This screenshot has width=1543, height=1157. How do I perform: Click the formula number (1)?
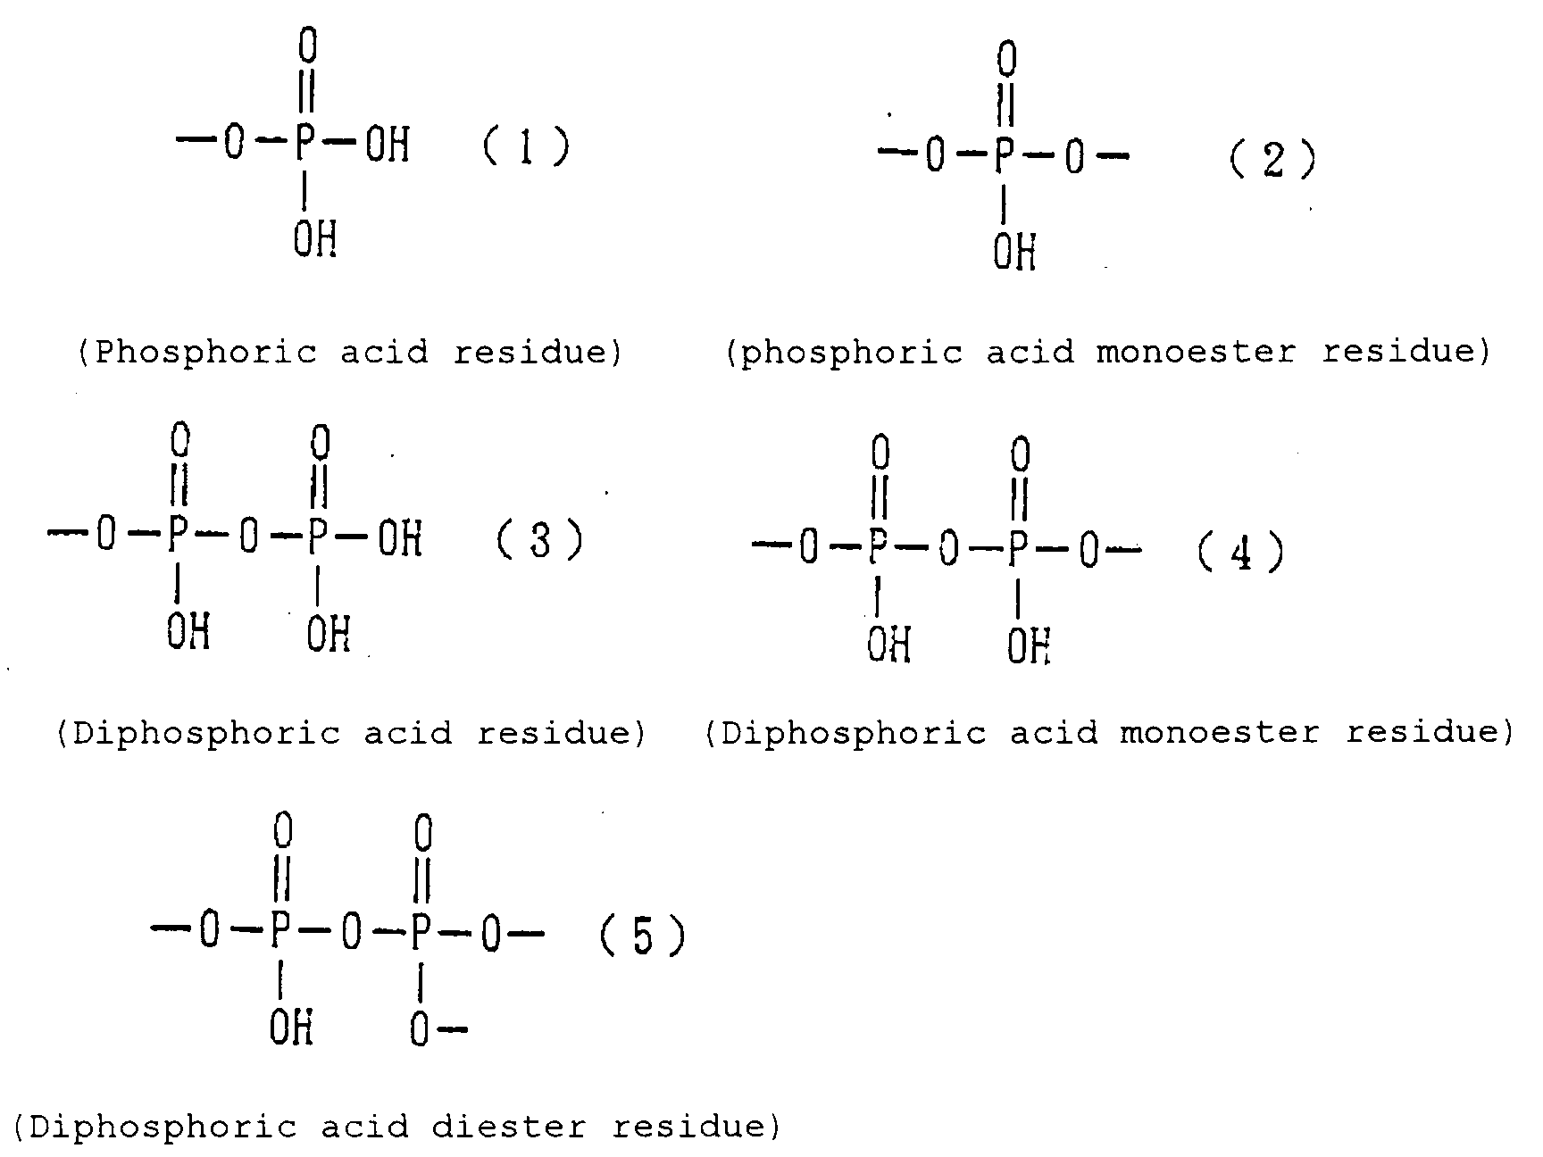pyautogui.click(x=526, y=146)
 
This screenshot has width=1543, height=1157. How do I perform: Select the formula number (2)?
pyautogui.click(x=1272, y=161)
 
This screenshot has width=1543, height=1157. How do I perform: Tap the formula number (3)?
pyautogui.click(x=539, y=540)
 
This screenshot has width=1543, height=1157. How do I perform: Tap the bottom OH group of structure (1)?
pyautogui.click(x=314, y=238)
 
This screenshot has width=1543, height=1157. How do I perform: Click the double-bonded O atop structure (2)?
pyautogui.click(x=1006, y=61)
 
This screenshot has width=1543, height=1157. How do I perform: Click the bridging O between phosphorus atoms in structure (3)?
pyautogui.click(x=249, y=537)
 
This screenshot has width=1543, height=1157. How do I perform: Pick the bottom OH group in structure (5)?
pyautogui.click(x=291, y=1029)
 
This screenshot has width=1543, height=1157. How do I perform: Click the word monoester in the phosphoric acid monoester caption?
pyautogui.click(x=1196, y=352)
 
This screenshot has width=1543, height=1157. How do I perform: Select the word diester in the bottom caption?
pyautogui.click(x=509, y=1127)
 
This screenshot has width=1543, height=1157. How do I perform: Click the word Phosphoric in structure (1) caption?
pyautogui.click(x=205, y=353)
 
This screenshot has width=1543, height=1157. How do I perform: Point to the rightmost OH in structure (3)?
pyautogui.click(x=399, y=539)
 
